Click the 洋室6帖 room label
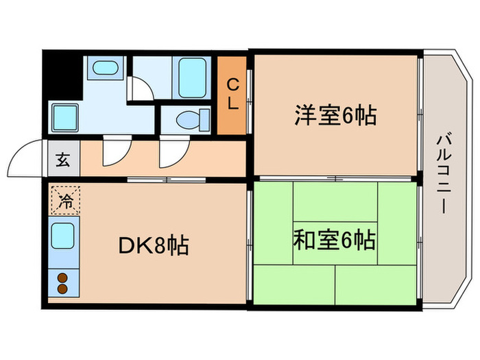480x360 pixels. pos(335,115)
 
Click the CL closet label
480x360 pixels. pos(232,95)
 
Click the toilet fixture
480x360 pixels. pos(189,119)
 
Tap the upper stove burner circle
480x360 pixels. pos(62,278)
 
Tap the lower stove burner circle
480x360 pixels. pos(62,289)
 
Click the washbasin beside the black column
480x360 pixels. pos(104,70)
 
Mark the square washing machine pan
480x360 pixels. pos(66,117)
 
